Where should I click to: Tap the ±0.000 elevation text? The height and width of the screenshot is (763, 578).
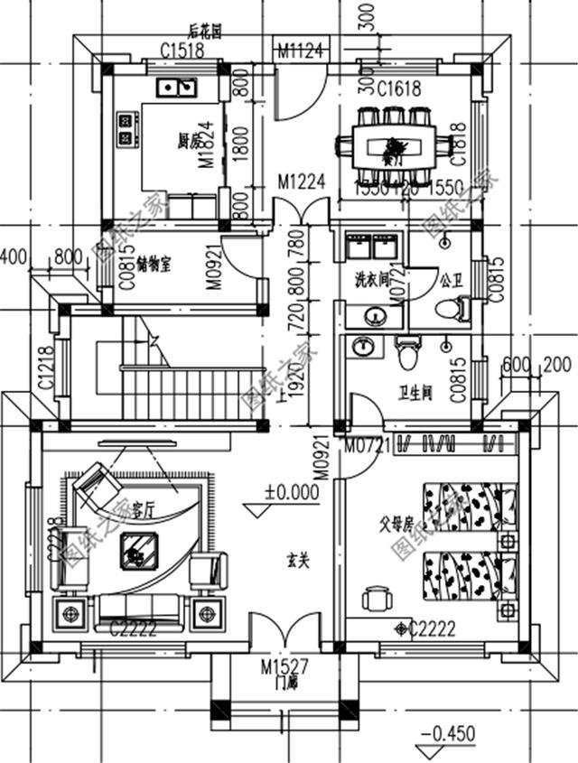(292, 493)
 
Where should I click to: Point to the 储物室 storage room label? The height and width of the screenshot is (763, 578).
(156, 265)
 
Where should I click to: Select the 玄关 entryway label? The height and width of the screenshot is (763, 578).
(298, 561)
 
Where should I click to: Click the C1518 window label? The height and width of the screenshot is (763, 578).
(182, 51)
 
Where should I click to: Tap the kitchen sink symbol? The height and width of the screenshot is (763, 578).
(176, 87)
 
